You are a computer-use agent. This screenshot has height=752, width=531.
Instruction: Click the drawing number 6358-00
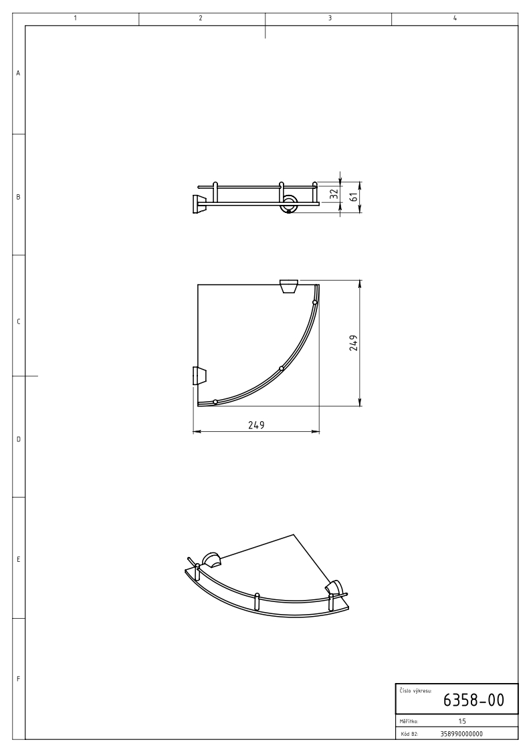473,700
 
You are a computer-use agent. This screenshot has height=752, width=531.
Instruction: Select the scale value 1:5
462,721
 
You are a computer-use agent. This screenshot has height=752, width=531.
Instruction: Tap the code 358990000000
461,734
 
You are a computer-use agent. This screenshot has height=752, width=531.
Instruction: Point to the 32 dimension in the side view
334,194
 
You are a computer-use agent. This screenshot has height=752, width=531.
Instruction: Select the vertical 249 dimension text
354,343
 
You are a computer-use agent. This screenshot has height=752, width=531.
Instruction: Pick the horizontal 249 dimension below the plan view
256,425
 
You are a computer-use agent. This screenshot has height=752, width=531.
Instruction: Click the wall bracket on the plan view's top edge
289,286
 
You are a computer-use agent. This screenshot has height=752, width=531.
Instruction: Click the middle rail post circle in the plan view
282,368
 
